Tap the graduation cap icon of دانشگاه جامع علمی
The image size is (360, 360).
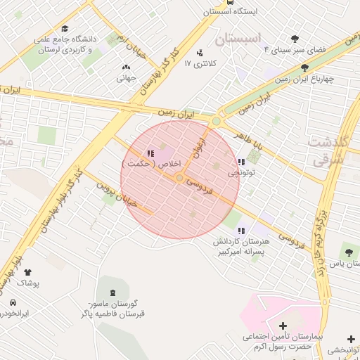click(65, 29)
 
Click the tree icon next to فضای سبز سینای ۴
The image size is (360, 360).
click(295, 39)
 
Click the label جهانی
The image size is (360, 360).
click(126, 79)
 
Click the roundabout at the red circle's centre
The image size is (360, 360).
click(180, 179)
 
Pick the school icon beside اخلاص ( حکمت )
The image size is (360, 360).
click(150, 154)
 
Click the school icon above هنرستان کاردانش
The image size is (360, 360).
click(241, 231)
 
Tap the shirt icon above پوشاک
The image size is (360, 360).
click(28, 272)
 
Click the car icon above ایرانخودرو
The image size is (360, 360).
click(13, 302)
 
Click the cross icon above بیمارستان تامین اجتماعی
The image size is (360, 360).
click(283, 326)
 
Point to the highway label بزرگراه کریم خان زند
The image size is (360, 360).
click(323, 232)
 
